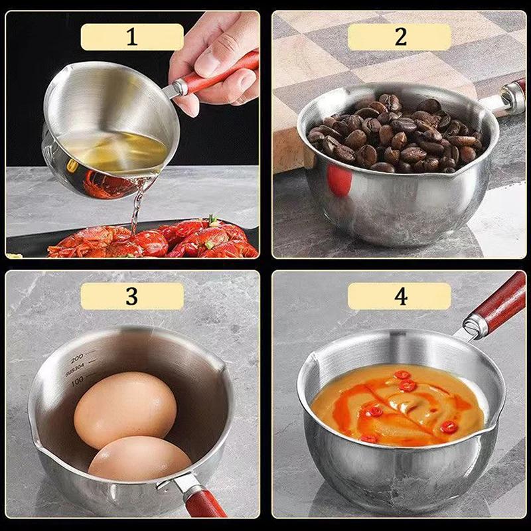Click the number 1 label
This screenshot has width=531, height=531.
point(132,37)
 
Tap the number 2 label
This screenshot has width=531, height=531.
point(400,37)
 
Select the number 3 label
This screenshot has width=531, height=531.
point(132,296)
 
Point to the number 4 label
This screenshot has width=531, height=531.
point(400,296)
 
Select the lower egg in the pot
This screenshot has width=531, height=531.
point(139,458)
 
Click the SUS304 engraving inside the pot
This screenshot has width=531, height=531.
point(74,368)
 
